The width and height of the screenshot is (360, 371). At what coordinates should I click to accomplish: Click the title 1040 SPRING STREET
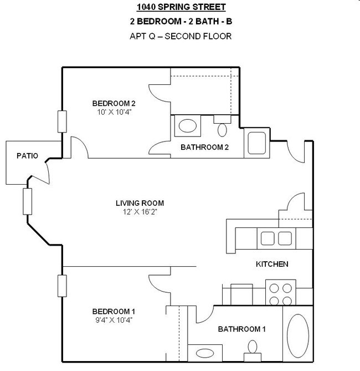coord(182,7)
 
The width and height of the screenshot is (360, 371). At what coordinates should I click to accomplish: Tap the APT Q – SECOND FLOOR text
coord(182,36)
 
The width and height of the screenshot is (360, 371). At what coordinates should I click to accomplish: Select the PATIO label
coord(27,156)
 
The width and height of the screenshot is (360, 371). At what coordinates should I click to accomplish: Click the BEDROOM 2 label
coord(114,103)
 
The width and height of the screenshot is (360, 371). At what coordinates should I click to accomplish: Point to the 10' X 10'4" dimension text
coord(114,111)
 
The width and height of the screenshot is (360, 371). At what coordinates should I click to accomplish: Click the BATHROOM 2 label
coord(204,147)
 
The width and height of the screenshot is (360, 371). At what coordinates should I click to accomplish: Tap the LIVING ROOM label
coord(140,203)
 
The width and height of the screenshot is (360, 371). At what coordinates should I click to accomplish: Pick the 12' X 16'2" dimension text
coord(140,211)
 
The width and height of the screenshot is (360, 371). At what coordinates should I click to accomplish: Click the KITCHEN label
coord(271,264)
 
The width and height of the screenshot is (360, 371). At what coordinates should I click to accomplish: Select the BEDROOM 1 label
coord(114,311)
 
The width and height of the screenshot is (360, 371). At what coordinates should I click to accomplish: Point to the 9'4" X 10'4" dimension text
coord(114,319)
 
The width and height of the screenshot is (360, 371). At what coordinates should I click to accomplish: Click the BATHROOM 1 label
coord(241,329)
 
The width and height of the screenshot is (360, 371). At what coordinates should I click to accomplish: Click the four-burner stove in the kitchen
coord(281,294)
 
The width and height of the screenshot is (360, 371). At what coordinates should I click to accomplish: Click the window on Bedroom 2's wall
coord(62,121)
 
